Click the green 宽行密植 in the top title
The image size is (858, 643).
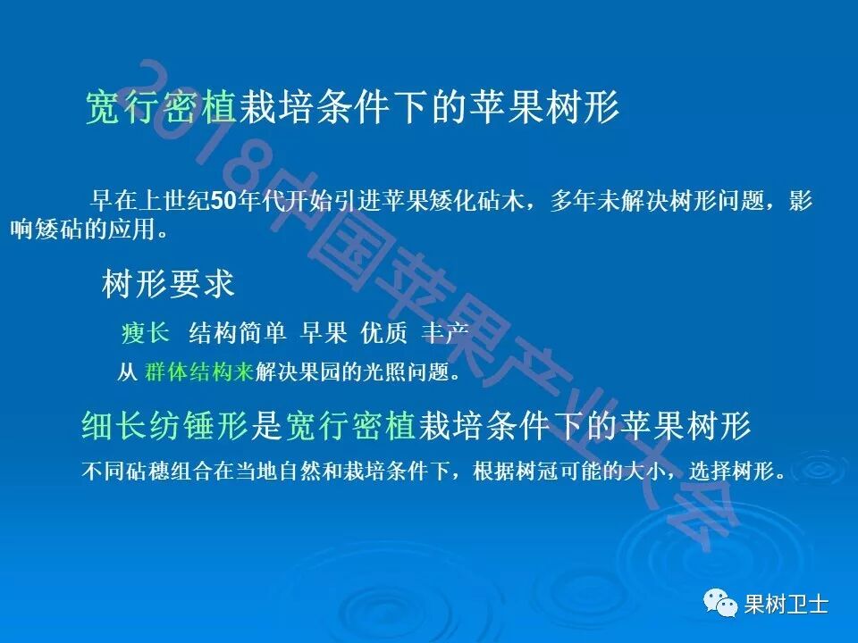coord(160,109)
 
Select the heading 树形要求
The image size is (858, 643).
coord(169,284)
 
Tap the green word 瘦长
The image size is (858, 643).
coord(146,333)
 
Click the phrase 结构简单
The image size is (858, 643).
coord(238,333)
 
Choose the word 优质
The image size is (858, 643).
coord(384,333)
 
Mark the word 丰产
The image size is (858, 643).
coord(445,333)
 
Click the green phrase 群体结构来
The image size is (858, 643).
coord(199,372)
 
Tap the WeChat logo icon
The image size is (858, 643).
coord(721,605)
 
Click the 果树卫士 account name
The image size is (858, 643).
coord(786,605)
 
